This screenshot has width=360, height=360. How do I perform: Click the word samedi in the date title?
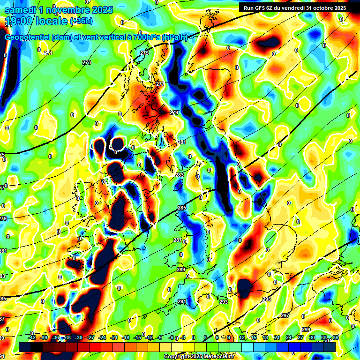point(19,10)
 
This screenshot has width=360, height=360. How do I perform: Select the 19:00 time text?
point(18,22)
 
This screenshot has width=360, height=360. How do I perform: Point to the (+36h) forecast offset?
point(81,21)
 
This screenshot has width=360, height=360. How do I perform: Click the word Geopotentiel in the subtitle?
point(28,37)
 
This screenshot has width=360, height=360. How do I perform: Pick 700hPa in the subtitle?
point(142,37)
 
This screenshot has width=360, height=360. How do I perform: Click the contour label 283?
point(180,175)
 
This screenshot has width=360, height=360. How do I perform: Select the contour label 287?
point(178,240)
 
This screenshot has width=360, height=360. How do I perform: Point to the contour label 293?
point(224,302)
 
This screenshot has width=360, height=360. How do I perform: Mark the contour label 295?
point(267,299)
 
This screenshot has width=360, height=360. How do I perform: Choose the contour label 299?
point(306,330)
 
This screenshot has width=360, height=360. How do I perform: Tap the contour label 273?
point(86,62)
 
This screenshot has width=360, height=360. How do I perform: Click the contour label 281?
point(181,142)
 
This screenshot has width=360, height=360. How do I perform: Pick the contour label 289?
point(181,270)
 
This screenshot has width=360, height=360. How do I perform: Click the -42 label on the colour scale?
point(32,337)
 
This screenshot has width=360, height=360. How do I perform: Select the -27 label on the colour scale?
point(91,337)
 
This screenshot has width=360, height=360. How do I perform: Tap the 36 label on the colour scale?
point(336,337)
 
